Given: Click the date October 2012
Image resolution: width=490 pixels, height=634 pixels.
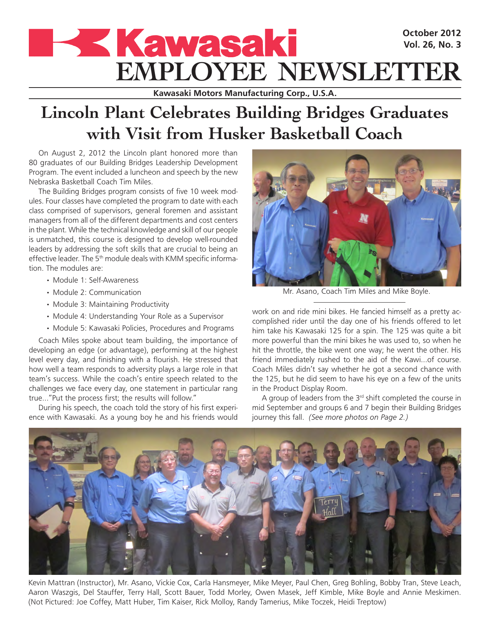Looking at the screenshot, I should coord(432,33).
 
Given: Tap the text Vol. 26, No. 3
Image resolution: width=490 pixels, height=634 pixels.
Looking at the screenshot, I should coord(432,45).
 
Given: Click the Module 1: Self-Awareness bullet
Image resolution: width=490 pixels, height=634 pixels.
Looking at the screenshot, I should coord(95,280).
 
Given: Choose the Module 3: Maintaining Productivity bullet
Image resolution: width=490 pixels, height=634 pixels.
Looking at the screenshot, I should coord(111,305).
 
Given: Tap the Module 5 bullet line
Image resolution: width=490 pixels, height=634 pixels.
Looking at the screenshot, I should coord(143,328).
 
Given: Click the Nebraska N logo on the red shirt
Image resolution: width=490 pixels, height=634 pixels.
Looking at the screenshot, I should coord(364,218).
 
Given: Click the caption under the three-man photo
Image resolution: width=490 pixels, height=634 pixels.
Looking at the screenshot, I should coord(356,291).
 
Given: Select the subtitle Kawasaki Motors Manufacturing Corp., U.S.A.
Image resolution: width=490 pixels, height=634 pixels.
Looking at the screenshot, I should coord(245,93).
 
